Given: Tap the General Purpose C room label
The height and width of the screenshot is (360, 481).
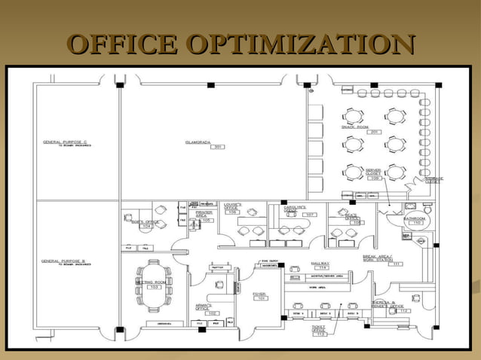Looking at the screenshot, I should tap(66, 143).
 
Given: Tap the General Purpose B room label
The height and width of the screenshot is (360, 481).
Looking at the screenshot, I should tap(66, 261).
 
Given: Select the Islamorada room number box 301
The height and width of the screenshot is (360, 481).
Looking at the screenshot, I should tap(217, 147).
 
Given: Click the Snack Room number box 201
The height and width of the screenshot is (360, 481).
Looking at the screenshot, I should tap(374, 133).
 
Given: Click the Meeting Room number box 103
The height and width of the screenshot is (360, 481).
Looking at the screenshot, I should tap(154, 288).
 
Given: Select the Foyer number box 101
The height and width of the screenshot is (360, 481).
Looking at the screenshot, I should tap(261, 298).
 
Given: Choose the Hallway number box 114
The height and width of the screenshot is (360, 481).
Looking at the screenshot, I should tap(322, 267).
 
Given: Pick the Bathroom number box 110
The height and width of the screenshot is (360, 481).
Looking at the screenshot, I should tap(416, 224).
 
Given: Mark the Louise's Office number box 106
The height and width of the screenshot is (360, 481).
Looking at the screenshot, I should tap(233, 212).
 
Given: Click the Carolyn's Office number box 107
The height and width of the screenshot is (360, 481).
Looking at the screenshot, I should tap(310, 215).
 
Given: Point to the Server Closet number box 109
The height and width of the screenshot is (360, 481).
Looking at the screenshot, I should tap(375, 178).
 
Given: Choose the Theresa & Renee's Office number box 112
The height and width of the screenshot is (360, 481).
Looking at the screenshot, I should tap(405, 311).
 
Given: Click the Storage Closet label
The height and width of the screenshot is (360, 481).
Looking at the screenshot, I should tap(433, 180).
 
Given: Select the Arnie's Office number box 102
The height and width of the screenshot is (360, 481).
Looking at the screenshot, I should tap(214, 313).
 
